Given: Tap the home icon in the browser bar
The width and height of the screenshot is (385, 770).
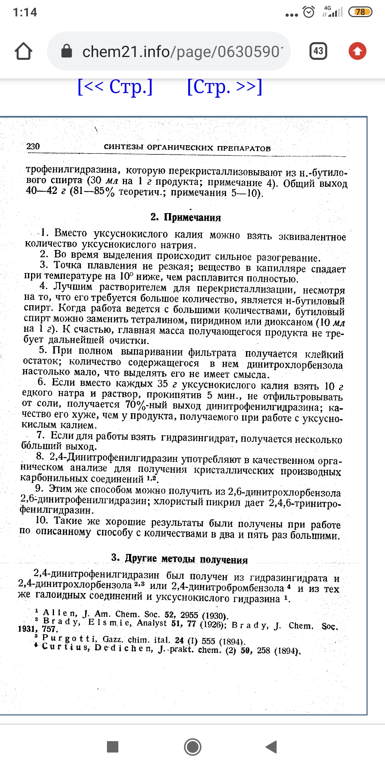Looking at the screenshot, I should [x=24, y=51].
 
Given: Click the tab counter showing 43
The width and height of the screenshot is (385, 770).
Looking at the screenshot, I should [x=318, y=51].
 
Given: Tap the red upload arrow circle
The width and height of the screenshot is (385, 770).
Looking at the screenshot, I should [x=357, y=51].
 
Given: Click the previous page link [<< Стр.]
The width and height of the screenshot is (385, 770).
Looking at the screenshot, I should [x=115, y=87].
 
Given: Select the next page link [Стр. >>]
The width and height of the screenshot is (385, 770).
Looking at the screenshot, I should [x=225, y=87].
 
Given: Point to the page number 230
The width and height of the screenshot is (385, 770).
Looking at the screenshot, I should [x=33, y=146].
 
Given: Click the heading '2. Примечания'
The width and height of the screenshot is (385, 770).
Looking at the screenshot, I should [x=185, y=217].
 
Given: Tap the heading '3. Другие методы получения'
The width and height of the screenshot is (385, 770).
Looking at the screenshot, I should [x=179, y=559].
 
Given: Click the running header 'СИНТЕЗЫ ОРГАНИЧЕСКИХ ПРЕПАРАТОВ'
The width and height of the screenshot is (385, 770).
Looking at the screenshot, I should [x=187, y=148].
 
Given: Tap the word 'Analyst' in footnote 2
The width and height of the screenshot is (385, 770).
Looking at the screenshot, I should [x=152, y=623].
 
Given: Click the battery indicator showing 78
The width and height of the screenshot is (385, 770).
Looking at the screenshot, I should [x=360, y=12].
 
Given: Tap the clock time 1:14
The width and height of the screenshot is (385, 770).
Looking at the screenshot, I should [x=25, y=12].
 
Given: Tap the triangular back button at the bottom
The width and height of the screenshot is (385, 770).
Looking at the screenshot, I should [x=271, y=746].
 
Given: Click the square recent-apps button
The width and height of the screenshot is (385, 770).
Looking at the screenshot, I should [x=113, y=746].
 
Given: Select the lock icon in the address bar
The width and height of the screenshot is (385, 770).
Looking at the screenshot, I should [x=67, y=51].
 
